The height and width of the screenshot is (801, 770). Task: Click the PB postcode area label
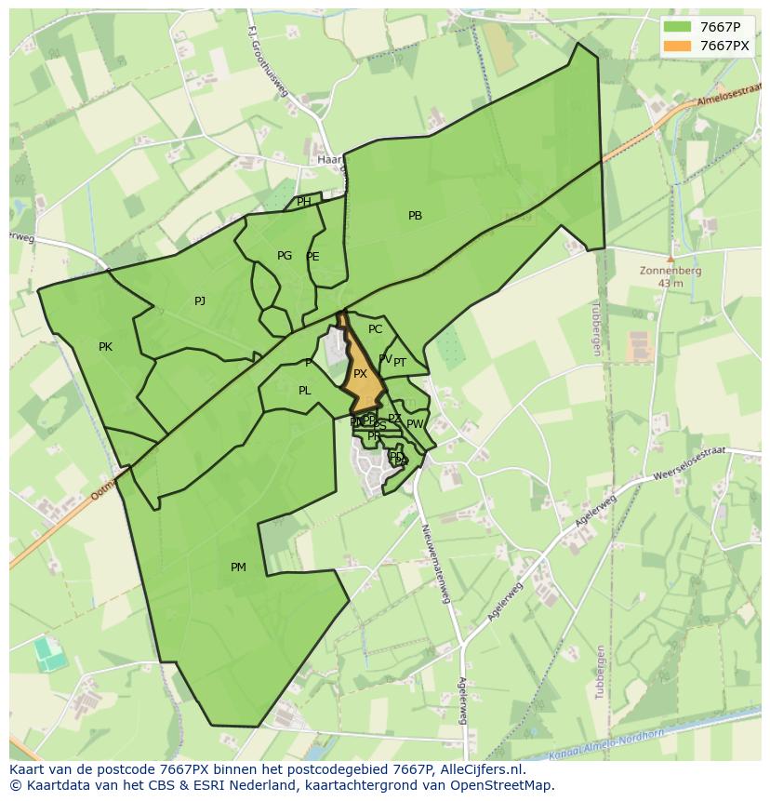point(415,216)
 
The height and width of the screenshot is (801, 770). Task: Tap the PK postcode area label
point(105,347)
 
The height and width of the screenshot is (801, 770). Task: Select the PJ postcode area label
point(200,300)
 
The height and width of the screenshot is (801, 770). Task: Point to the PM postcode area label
point(238,567)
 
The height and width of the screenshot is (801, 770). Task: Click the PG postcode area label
point(285,256)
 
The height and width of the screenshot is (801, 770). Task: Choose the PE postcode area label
point(312,257)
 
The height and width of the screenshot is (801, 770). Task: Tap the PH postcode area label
point(304,202)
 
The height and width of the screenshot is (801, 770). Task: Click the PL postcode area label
point(304,391)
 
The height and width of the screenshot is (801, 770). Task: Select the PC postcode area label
point(375,329)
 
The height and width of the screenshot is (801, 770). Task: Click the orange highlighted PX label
point(360,374)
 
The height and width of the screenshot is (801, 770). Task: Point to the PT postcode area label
point(400,363)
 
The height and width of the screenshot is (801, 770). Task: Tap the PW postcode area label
point(415,424)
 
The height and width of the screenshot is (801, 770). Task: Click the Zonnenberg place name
point(670,272)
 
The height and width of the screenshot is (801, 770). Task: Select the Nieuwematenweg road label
point(435,563)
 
